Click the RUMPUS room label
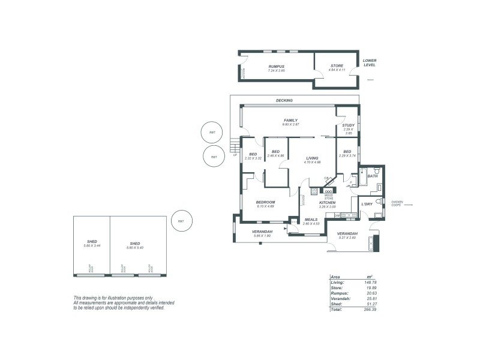(x=276, y=66)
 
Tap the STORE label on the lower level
(x=337, y=66)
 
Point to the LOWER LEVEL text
(x=370, y=62)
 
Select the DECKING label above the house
(x=284, y=100)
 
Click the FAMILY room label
(x=291, y=120)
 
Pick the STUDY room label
(x=348, y=125)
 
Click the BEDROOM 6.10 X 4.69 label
(x=265, y=202)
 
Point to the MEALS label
(x=311, y=219)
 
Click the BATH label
(x=372, y=176)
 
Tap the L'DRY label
(x=367, y=204)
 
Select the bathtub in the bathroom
(x=363, y=178)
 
